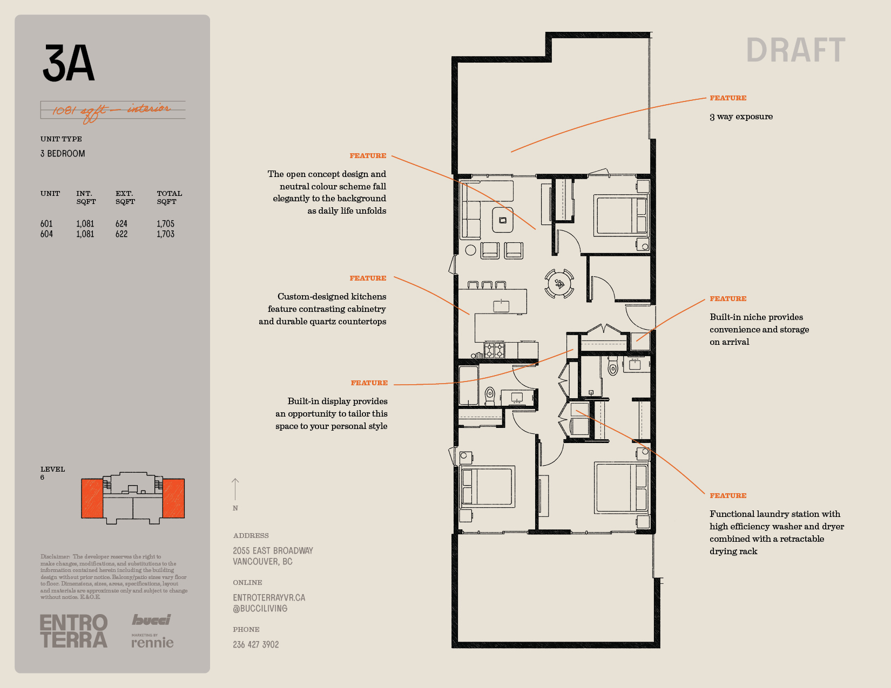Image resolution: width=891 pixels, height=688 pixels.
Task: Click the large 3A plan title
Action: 69,63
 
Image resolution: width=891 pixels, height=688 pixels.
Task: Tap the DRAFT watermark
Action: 796,50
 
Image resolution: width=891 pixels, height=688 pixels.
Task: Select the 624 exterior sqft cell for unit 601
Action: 122,224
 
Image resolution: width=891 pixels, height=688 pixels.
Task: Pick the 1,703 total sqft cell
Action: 165,234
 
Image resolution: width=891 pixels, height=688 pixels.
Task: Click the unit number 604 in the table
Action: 46,234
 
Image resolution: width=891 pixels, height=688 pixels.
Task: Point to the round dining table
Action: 559,283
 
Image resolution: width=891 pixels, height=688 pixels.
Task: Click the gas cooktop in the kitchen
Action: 495,350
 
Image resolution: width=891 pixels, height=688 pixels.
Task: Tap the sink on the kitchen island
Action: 501,305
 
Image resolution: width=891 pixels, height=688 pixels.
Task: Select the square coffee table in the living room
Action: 503,220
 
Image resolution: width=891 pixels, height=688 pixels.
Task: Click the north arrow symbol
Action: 235,489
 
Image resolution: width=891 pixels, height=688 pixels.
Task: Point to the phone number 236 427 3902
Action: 256,645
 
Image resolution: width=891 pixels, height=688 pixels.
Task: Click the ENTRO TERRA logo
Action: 74,631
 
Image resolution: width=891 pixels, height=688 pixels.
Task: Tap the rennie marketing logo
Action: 152,641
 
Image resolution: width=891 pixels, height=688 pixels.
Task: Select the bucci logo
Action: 151,620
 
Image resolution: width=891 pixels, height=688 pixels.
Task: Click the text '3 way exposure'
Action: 741,117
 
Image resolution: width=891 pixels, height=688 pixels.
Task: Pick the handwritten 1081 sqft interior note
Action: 112,111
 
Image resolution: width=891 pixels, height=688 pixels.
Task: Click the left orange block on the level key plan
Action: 92,498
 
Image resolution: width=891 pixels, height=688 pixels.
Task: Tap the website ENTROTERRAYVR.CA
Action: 269,598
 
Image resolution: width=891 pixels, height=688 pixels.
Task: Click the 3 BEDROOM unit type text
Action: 63,154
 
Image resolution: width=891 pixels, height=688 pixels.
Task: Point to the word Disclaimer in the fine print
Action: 55,556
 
